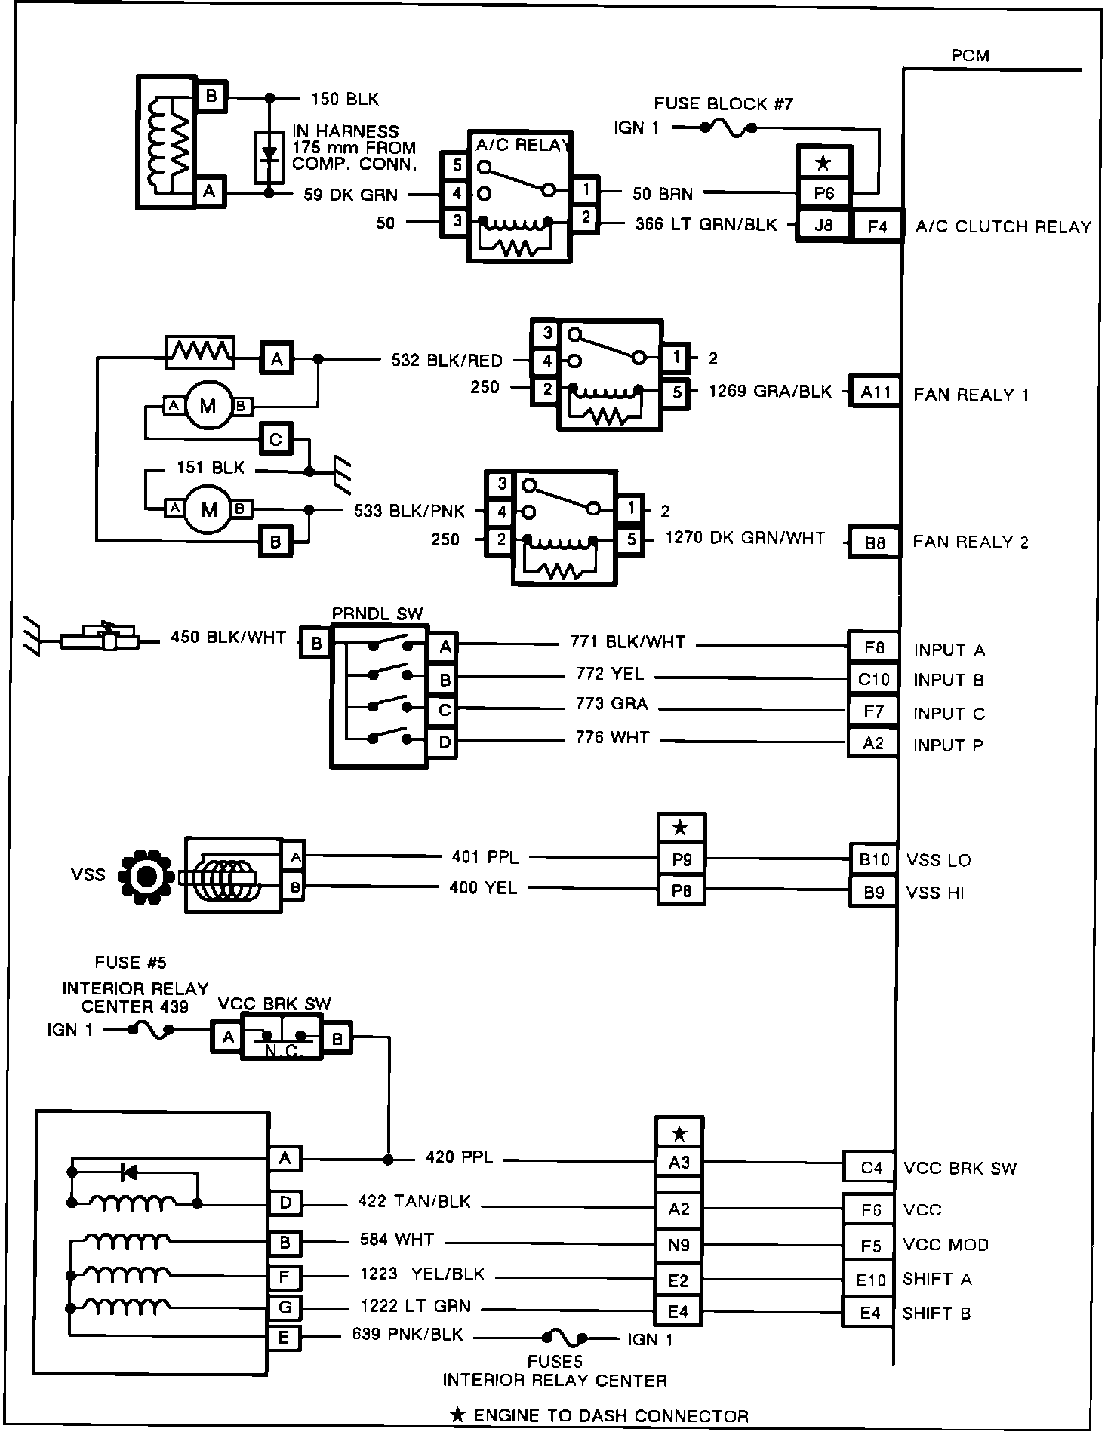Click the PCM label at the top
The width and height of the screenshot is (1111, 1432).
[x=970, y=55]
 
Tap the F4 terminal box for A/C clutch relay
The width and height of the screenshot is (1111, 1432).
[x=877, y=226]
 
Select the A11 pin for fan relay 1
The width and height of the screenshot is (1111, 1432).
[x=876, y=392]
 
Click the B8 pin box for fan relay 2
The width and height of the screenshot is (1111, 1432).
[x=875, y=542]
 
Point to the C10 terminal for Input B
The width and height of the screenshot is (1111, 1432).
[x=873, y=679]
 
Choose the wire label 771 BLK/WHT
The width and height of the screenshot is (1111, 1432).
[x=627, y=642]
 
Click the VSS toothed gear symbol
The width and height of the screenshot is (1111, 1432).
[x=146, y=875]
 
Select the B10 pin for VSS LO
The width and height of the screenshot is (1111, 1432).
[x=874, y=859]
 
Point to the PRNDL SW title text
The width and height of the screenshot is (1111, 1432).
[x=377, y=614]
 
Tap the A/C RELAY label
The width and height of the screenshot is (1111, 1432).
[x=522, y=145]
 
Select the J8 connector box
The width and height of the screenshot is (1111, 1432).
[x=823, y=225]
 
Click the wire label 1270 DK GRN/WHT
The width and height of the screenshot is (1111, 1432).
[x=745, y=538]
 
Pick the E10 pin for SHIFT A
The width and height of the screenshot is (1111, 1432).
[x=870, y=1279]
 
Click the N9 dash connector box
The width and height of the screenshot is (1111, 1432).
[x=679, y=1245]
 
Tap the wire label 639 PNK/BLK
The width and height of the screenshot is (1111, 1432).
[x=408, y=1334]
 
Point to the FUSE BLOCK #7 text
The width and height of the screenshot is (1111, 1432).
[x=724, y=103]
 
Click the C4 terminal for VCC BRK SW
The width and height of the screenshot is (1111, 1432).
[x=871, y=1168]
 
